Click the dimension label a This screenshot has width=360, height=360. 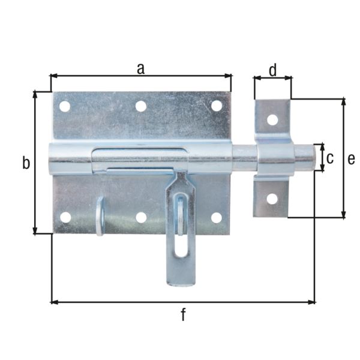pyautogui.click(x=140, y=68)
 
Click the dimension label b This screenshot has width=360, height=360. pyautogui.click(x=26, y=163)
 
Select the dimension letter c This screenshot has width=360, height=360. pyautogui.click(x=329, y=158)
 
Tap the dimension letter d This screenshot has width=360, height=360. pyautogui.click(x=272, y=71)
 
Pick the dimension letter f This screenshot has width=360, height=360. pyautogui.click(x=184, y=314)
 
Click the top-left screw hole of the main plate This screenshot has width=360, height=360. pyautogui.click(x=64, y=107)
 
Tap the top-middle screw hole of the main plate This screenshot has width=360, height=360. pyautogui.click(x=141, y=106)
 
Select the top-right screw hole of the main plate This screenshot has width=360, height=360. pyautogui.click(x=217, y=106)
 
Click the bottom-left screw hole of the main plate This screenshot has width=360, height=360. pyautogui.click(x=65, y=217)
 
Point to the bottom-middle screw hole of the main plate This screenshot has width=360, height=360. pyautogui.click(x=142, y=217)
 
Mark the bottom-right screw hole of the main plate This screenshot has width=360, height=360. pyautogui.click(x=217, y=217)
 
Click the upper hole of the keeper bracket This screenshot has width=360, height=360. pyautogui.click(x=272, y=119)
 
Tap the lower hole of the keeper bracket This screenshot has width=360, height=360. pyautogui.click(x=272, y=199)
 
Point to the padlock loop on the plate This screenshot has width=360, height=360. pyautogui.click(x=100, y=216)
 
